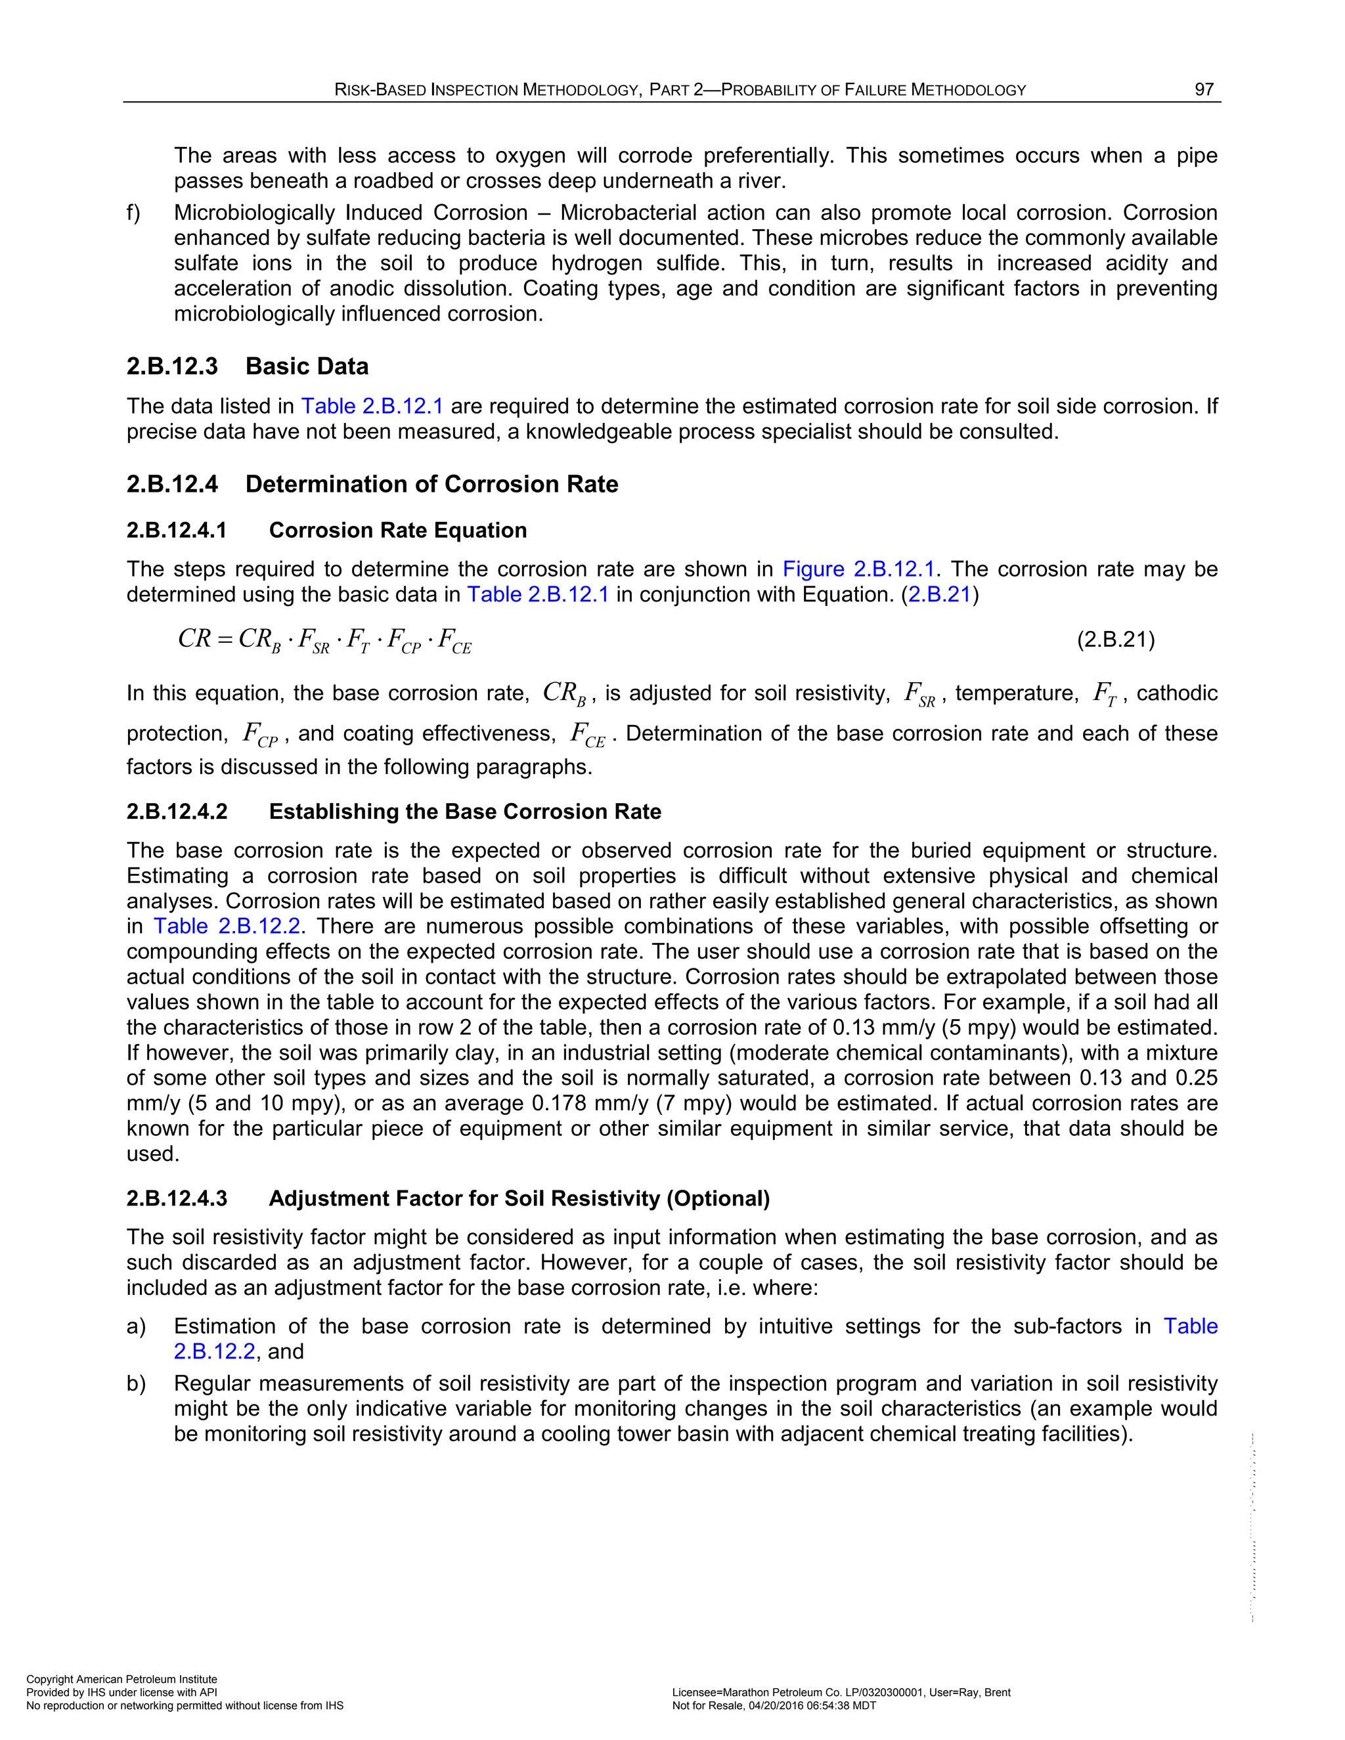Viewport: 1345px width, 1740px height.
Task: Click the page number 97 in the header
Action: [1203, 90]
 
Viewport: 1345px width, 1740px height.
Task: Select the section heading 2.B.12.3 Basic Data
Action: [247, 366]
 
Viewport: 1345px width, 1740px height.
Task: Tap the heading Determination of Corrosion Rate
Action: [431, 485]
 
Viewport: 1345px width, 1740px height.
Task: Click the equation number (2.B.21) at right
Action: [1116, 640]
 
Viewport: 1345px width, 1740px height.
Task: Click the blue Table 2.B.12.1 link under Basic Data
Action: [371, 406]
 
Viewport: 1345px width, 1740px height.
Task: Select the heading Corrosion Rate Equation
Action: [397, 531]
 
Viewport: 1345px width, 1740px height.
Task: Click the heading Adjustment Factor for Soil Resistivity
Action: [519, 1199]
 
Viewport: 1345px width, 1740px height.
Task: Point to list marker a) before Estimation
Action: [135, 1326]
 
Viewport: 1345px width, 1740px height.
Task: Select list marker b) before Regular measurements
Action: [135, 1384]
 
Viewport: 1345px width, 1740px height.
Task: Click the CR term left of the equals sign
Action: [194, 639]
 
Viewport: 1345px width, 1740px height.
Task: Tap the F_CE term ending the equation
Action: [455, 642]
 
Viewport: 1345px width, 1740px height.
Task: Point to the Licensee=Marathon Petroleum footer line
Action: [841, 1692]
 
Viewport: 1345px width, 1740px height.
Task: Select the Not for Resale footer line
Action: [774, 1706]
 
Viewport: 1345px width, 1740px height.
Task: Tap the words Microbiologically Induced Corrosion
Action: [351, 213]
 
